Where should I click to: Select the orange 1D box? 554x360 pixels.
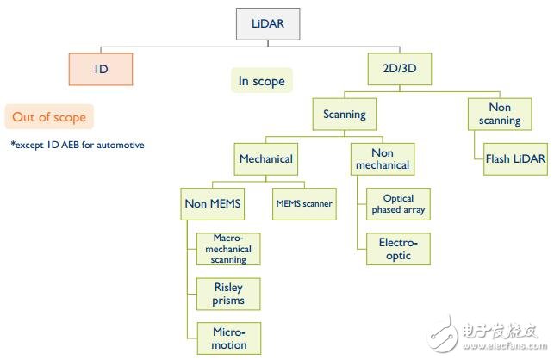[x=102, y=69]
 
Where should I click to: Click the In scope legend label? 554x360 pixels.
[x=261, y=81]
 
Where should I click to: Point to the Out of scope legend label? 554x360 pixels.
[x=48, y=117]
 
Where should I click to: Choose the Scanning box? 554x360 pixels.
[x=344, y=114]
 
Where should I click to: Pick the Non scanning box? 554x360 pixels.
[x=500, y=114]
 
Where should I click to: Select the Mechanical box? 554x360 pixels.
[x=265, y=158]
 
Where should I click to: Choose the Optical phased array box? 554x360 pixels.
[x=397, y=203]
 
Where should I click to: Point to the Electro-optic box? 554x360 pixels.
[x=397, y=249]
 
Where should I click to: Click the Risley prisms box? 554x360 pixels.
[x=228, y=294]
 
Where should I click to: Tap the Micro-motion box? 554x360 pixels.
[x=228, y=338]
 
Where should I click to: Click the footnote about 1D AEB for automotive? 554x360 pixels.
[x=77, y=145]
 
